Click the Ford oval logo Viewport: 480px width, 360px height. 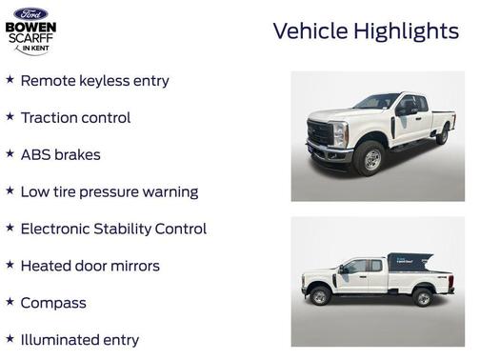tap(30, 14)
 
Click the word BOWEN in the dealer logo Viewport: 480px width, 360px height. tap(30, 27)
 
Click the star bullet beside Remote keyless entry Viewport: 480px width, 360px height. tap(10, 80)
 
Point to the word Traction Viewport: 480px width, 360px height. tap(51, 118)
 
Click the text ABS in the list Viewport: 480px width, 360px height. tap(36, 154)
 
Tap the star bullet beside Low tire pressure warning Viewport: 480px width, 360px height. tap(10, 190)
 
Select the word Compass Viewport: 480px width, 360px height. tap(53, 303)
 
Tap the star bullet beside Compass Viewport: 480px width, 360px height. tap(10, 302)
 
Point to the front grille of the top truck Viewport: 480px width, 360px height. tap(319, 133)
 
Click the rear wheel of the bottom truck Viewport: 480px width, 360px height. tap(422, 296)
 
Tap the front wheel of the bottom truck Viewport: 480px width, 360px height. tap(320, 296)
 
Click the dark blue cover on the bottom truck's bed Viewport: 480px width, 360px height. tap(415, 262)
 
